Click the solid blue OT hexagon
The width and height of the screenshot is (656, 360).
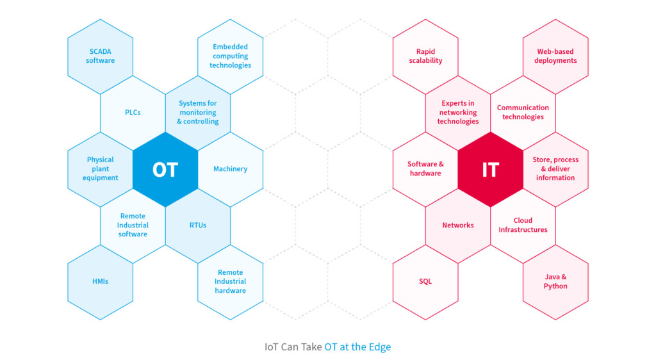click(x=165, y=169)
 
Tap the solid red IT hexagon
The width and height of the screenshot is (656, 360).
click(x=490, y=169)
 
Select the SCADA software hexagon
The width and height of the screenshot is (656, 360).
click(x=101, y=56)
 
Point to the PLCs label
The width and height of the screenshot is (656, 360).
click(x=133, y=113)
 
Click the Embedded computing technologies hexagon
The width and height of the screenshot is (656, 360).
click(x=230, y=56)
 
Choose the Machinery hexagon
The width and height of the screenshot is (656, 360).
click(x=230, y=169)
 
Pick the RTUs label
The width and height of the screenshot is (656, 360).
click(x=198, y=225)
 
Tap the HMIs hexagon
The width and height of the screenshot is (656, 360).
click(x=101, y=282)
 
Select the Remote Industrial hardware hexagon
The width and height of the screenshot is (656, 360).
click(x=230, y=282)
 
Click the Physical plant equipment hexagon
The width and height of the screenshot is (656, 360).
click(x=101, y=169)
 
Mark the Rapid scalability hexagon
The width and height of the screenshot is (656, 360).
click(x=425, y=56)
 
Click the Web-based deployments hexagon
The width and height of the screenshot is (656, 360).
click(x=555, y=56)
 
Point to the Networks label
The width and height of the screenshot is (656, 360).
click(x=458, y=225)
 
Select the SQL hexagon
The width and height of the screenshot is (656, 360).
click(x=425, y=282)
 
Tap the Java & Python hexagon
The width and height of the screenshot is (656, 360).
click(x=555, y=282)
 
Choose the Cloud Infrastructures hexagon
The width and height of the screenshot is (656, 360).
click(x=523, y=225)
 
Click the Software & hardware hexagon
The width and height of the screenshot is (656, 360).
click(x=425, y=169)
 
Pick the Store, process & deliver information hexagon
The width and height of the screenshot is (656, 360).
click(x=555, y=169)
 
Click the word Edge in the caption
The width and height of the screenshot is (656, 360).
click(x=379, y=347)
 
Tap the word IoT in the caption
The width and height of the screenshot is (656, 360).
click(x=272, y=347)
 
